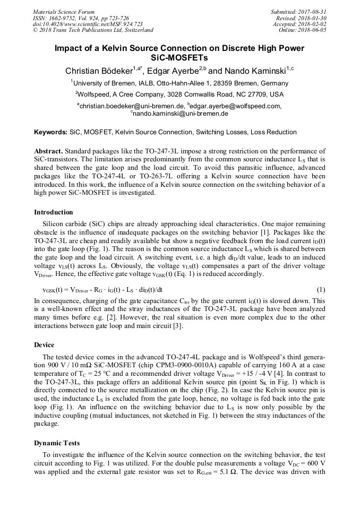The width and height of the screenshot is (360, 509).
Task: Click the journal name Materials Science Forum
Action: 64,12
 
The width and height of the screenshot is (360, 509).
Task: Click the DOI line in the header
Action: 88,24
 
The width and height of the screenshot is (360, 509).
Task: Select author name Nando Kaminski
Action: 254,71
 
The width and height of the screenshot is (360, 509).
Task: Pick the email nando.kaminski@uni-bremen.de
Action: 181,114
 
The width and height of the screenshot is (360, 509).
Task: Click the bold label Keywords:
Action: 51,132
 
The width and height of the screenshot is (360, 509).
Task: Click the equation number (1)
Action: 321,290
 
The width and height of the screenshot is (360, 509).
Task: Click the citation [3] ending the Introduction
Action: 178,326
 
